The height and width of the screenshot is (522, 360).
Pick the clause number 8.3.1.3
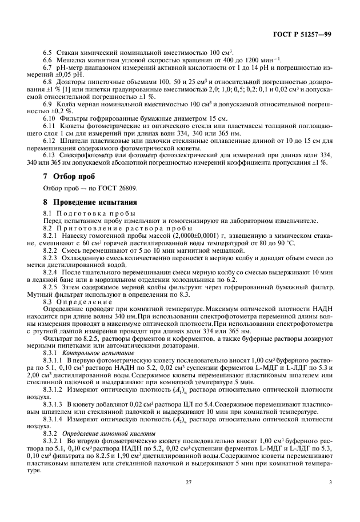(54, 404)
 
